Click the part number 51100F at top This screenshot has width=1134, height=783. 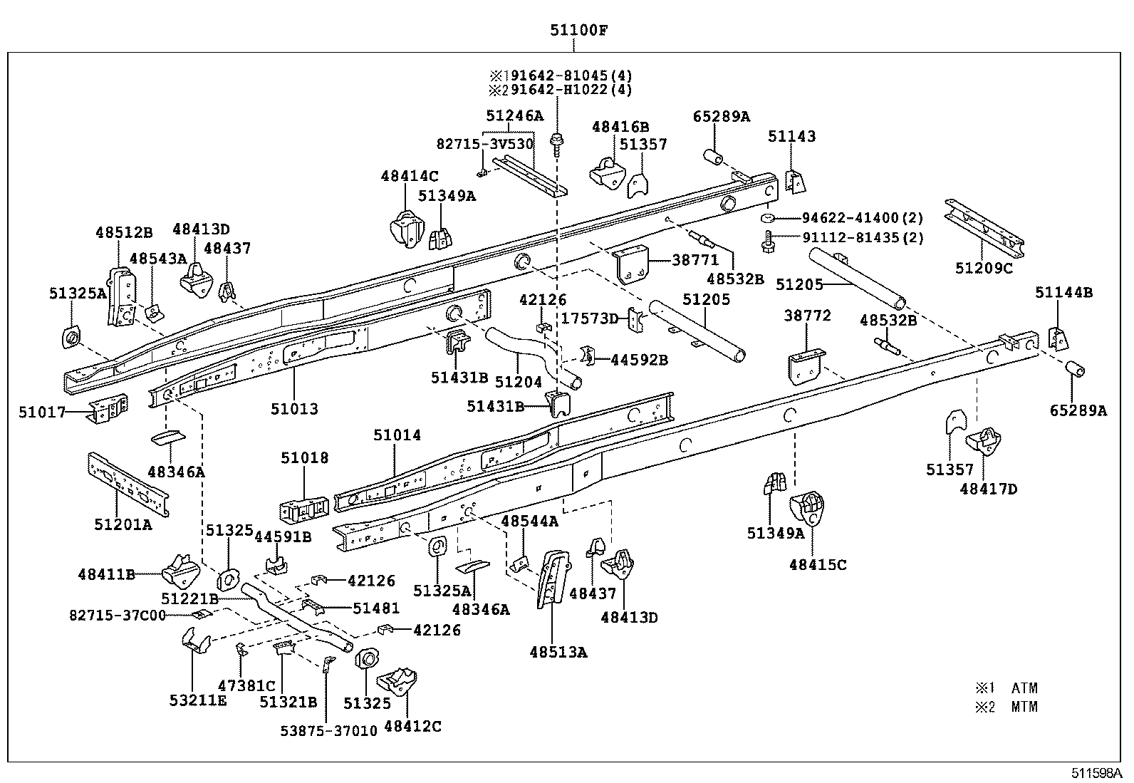[578, 30]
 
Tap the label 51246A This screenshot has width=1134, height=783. [514, 115]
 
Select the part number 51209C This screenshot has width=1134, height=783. [984, 269]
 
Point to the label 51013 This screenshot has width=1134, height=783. [294, 409]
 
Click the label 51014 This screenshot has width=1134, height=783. [397, 435]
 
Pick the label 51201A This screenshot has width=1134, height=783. [123, 525]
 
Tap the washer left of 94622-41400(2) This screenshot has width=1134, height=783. [768, 217]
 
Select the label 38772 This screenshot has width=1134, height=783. [808, 316]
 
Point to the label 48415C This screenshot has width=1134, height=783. [818, 565]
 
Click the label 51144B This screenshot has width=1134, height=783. [1064, 293]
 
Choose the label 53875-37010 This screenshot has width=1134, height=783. [328, 731]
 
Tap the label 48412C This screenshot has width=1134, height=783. [412, 726]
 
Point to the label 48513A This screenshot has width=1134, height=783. [558, 651]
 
